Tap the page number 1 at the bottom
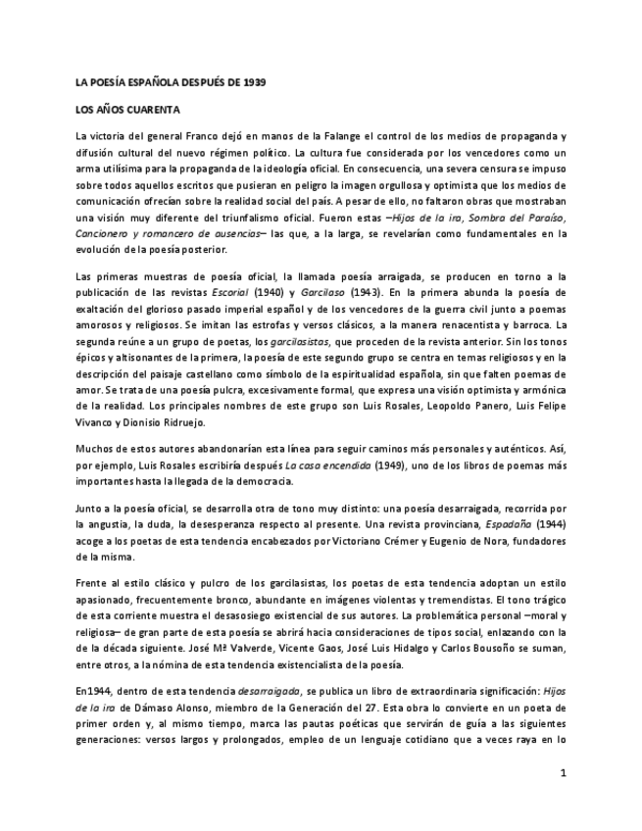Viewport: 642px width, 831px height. [x=564, y=773]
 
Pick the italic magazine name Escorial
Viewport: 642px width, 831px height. [x=230, y=291]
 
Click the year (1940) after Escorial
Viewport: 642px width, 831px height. [x=271, y=291]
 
